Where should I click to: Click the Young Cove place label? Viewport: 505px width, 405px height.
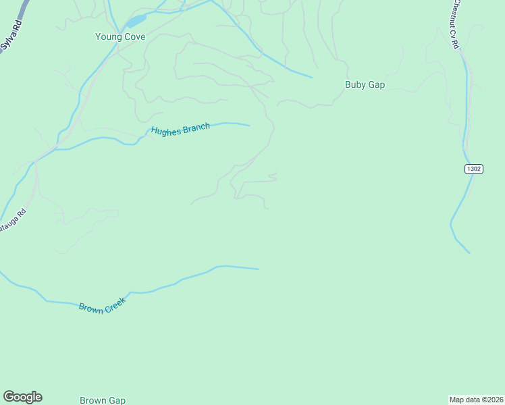click(x=120, y=37)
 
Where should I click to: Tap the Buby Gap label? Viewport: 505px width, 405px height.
click(x=365, y=85)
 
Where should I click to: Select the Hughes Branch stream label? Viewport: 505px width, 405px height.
click(x=180, y=129)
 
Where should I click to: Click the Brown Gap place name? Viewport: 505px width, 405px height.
click(x=103, y=400)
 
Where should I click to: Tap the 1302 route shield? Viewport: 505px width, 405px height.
click(x=474, y=169)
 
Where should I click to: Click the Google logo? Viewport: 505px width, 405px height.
click(x=22, y=397)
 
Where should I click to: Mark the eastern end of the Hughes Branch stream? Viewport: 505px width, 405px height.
click(x=249, y=125)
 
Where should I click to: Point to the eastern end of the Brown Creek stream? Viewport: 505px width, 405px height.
click(x=258, y=269)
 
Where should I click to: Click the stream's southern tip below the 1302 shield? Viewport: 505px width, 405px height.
click(x=469, y=253)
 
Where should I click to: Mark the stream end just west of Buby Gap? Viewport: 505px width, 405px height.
click(x=312, y=77)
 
